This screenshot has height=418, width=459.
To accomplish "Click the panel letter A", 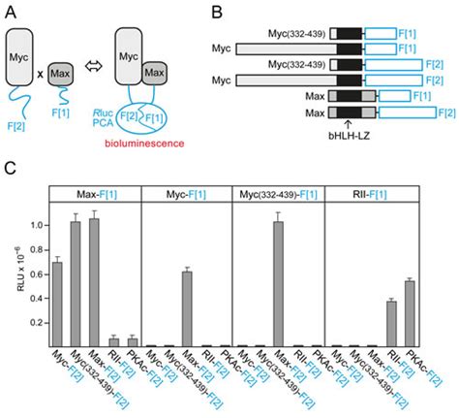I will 10,11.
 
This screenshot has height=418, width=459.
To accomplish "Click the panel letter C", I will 10,167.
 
